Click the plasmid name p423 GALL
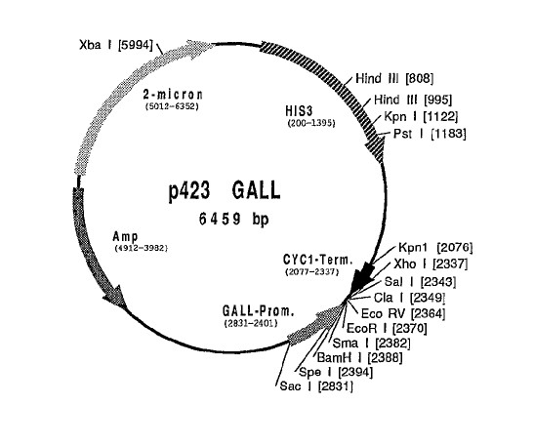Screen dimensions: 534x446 pos(225,191)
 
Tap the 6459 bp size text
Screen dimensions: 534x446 pos(233,219)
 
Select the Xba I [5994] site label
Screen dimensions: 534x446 pos(116,45)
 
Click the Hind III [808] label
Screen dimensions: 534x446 pos(394,79)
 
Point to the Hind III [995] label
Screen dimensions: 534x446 pos(413,100)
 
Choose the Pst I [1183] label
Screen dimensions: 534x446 pos(430,133)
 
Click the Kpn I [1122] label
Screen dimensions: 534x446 pos(421,116)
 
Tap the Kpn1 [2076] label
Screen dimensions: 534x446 pos(435,248)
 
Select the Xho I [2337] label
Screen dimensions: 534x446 pos(431,264)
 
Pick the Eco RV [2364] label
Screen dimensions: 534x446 pos(403,313)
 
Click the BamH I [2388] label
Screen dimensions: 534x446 pos(359,357)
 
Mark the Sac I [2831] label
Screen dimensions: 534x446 pos(316,386)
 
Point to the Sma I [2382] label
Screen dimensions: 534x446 pos(371,343)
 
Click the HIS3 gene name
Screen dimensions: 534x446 pos(299,110)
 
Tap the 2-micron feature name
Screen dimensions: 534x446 pos(173,95)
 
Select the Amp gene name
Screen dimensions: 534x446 pos(125,236)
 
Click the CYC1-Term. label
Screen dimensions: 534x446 pos(318,260)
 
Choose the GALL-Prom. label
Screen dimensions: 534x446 pos(258,311)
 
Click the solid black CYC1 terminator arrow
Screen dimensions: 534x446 pos(364,277)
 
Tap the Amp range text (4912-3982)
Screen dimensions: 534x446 pos(142,248)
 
